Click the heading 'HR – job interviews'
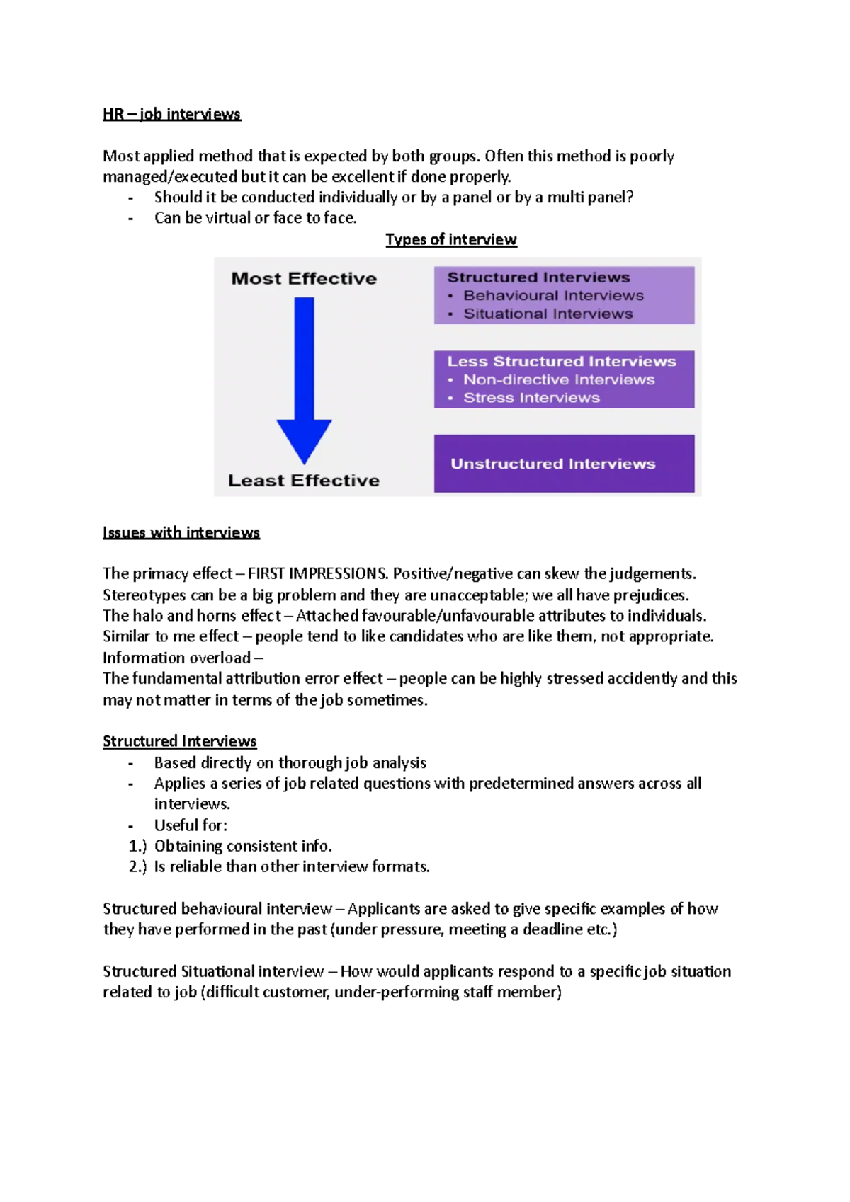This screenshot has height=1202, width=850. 171,114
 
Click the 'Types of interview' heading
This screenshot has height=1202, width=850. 450,239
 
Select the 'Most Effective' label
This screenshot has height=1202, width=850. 304,279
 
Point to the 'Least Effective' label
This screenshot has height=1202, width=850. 304,481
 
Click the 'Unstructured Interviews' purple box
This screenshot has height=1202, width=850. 563,464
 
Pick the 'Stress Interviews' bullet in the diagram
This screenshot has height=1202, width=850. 531,398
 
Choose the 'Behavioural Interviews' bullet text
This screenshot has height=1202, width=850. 553,296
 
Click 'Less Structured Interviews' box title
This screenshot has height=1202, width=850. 561,362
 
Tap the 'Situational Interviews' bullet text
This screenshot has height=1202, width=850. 548,314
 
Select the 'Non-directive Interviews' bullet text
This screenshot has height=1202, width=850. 559,380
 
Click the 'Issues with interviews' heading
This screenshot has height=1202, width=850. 181,532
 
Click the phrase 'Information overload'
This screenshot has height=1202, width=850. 176,658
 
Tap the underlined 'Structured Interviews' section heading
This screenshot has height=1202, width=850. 179,741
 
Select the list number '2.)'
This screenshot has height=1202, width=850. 137,866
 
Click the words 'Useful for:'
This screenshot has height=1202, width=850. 191,825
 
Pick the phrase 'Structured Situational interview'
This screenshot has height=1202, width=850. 213,971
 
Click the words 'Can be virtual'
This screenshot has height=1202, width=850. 203,218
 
